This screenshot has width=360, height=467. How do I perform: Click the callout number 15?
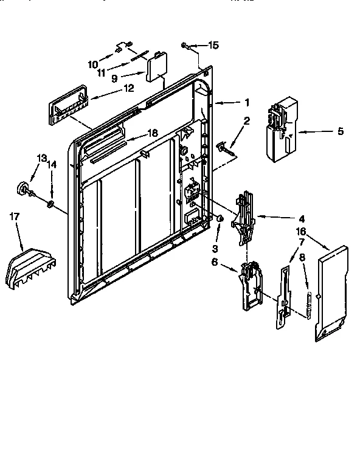click(213, 45)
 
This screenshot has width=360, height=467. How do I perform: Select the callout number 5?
click(340, 131)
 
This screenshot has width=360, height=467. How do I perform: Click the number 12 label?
click(128, 87)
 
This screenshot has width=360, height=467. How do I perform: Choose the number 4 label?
click(302, 218)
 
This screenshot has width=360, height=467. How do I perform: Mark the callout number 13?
click(41, 158)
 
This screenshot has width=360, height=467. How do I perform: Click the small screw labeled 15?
click(185, 45)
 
